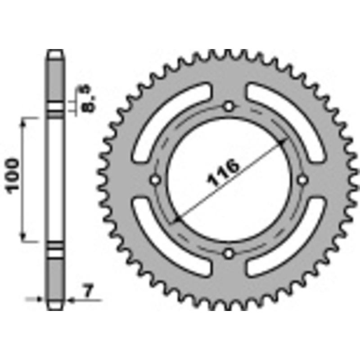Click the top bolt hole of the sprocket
tap(229, 107)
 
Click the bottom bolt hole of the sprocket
tap(229, 253)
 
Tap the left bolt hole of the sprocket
tap(156, 180)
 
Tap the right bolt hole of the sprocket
tap(302, 180)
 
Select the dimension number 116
tap(223, 173)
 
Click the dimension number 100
tap(13, 175)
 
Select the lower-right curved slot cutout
tap(286, 241)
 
